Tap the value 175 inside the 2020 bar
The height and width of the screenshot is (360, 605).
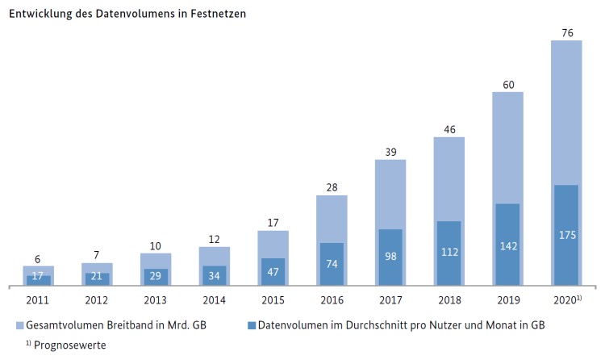point(565,235)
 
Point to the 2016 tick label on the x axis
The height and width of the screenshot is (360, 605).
point(331,299)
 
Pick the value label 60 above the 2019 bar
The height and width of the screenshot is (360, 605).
point(507,83)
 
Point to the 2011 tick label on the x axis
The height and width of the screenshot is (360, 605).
point(38,299)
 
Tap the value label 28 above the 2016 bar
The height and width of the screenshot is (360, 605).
point(331,186)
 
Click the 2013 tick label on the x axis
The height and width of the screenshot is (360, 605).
point(155,299)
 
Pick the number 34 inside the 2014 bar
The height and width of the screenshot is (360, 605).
point(214,275)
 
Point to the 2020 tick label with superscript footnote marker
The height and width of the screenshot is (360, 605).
point(567,299)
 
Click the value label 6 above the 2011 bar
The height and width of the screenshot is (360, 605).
point(38,258)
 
